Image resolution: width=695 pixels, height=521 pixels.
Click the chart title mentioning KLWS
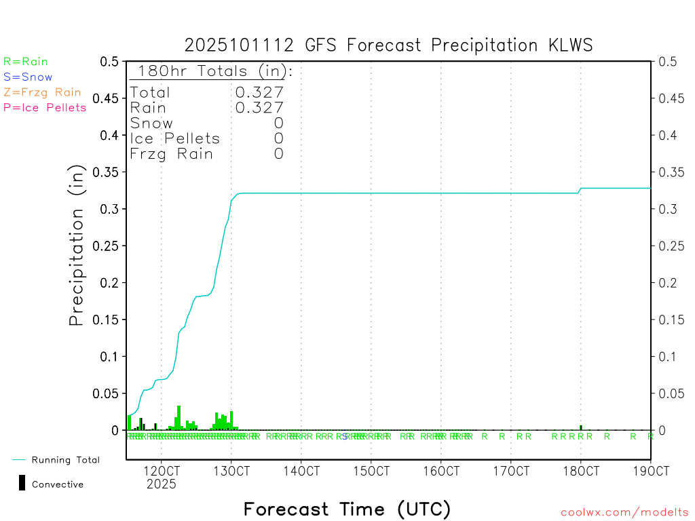click(x=389, y=45)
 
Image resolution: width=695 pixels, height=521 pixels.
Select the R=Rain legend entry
click(x=26, y=62)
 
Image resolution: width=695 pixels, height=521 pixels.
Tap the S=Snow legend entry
click(x=28, y=77)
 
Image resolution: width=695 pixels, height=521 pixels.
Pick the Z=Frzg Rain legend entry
click(x=42, y=92)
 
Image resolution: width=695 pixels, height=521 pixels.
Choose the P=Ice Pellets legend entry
click(x=45, y=107)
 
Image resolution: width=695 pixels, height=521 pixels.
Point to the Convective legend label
click(x=58, y=484)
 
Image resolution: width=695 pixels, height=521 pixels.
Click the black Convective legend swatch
click(x=22, y=482)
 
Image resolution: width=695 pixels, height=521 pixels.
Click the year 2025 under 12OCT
click(x=161, y=484)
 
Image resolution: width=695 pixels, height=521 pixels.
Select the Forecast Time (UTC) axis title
click(x=347, y=509)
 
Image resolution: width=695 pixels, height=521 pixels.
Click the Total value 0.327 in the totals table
click(x=259, y=92)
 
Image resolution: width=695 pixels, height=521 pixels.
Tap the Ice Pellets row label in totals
click(x=175, y=138)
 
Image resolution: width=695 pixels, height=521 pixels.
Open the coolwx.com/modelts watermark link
click(x=624, y=513)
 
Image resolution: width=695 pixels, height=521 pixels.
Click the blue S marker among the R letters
click(x=345, y=436)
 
